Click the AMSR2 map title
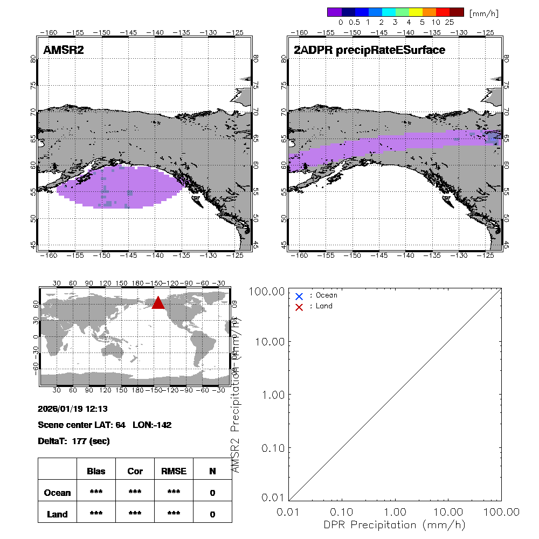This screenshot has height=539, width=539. (x=64, y=50)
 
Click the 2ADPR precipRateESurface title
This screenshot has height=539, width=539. (x=369, y=50)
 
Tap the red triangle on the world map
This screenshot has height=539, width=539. (x=158, y=303)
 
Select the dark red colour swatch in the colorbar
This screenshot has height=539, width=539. (x=457, y=12)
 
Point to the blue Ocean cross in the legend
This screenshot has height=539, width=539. (x=299, y=296)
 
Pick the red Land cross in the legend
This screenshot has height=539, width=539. (x=299, y=307)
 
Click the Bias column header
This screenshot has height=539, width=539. (x=96, y=471)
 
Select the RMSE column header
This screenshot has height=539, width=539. (x=174, y=471)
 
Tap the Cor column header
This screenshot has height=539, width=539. (x=135, y=471)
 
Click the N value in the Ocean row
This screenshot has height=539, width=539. (x=212, y=493)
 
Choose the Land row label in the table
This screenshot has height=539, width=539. (x=57, y=514)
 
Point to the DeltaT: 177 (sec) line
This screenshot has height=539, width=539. (x=74, y=441)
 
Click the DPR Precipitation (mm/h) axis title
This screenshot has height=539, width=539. (x=395, y=524)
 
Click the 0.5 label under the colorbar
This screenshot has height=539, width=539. (x=354, y=23)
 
